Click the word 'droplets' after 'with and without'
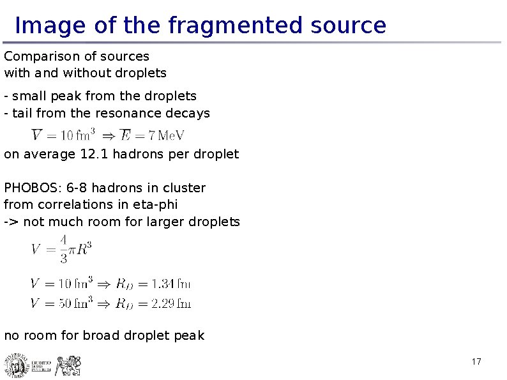[140, 73]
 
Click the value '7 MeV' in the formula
[167, 135]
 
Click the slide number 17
[476, 363]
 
